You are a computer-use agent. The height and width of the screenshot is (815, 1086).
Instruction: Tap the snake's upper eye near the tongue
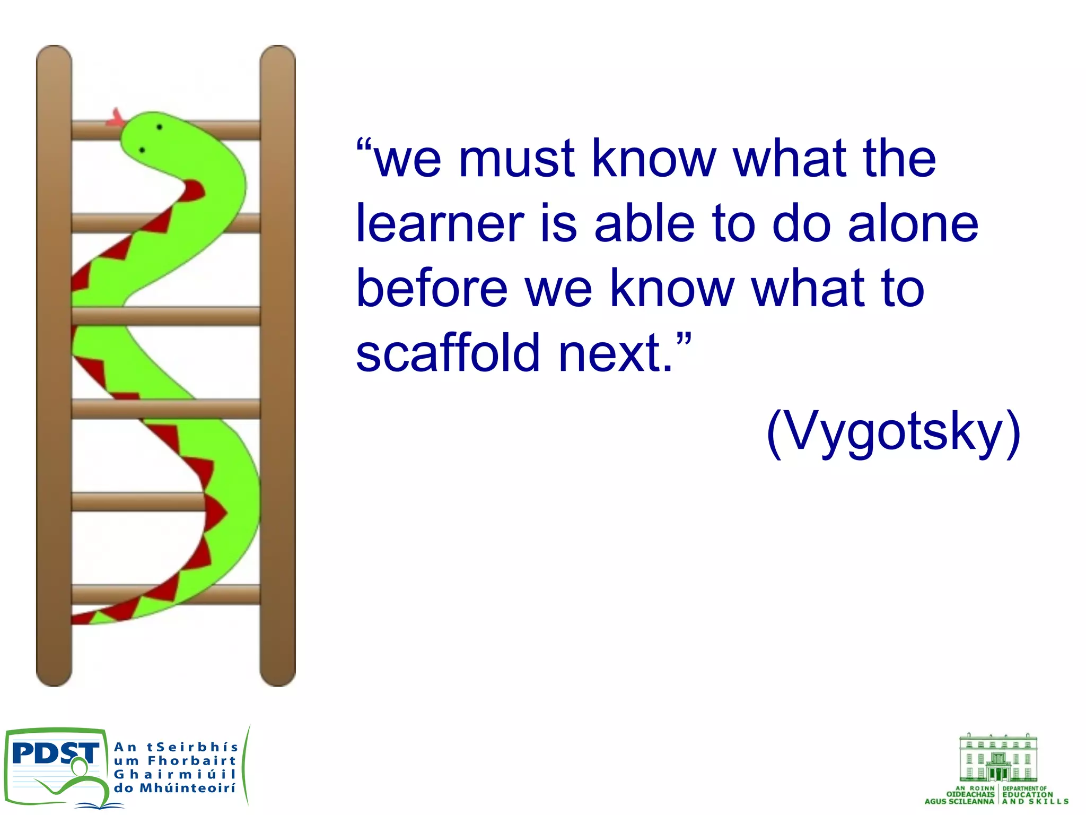[x=159, y=127]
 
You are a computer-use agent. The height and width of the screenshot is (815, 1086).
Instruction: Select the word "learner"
[x=440, y=224]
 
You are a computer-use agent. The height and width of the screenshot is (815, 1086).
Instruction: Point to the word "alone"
[x=913, y=224]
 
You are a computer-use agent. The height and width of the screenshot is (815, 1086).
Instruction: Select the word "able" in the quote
[x=644, y=224]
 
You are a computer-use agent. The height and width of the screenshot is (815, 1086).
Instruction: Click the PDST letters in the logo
[x=55, y=753]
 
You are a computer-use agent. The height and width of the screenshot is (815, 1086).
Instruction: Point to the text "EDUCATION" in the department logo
[x=1027, y=795]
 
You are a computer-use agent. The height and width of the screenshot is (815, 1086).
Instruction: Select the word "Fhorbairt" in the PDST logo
[x=191, y=761]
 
